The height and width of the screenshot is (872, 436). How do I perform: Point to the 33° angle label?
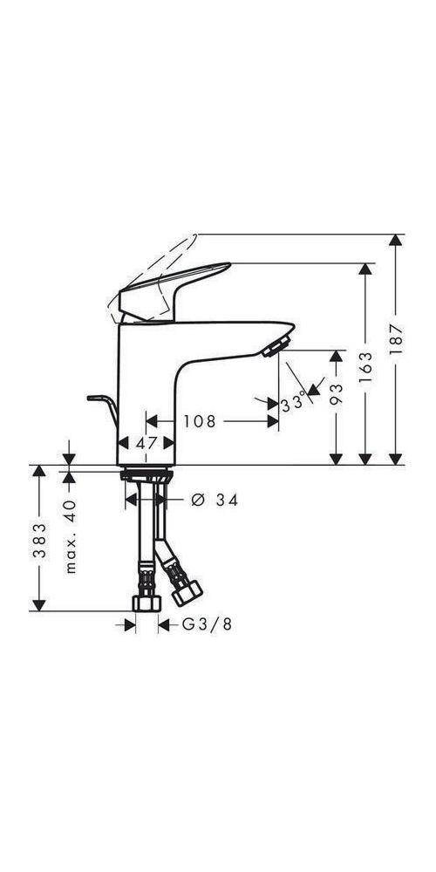point(295,403)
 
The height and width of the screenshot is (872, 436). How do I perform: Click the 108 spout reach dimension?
point(199,420)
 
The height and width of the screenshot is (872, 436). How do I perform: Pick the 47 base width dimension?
point(147,442)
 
